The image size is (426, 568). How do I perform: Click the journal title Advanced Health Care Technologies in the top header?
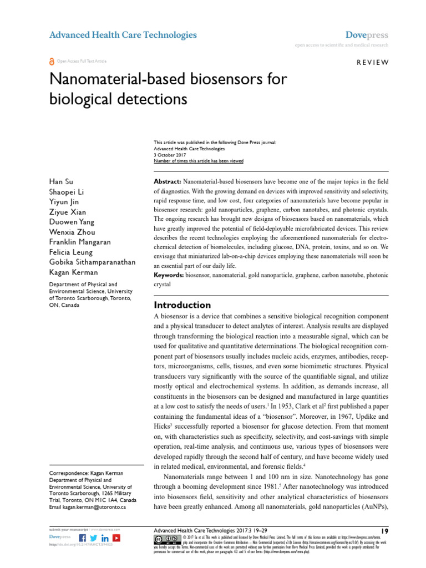pos(123,35)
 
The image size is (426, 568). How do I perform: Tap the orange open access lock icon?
pos(52,62)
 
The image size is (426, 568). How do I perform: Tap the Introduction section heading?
pos(182,305)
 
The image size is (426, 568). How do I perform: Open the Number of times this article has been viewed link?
pos(198,161)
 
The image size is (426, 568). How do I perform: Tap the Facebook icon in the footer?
pos(83,538)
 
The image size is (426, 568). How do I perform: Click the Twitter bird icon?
pos(93,538)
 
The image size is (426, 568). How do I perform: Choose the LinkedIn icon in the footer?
pos(105,538)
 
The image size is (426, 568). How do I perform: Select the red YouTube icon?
pos(116,538)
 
